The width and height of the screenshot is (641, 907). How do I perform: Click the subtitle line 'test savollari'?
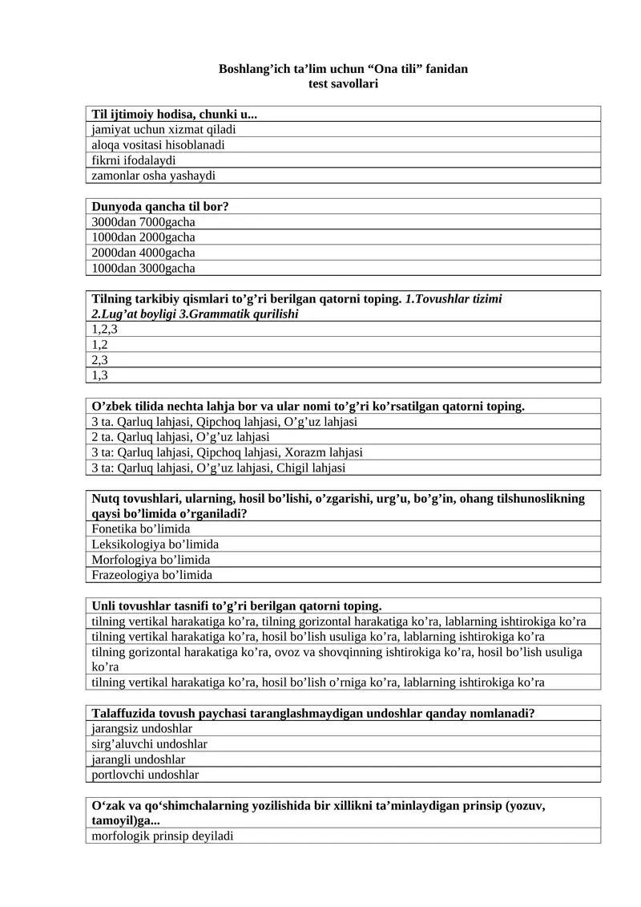click(x=343, y=83)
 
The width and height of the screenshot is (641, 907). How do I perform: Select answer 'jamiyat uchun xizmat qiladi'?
click(x=163, y=129)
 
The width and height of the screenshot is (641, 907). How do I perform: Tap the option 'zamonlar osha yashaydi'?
click(x=154, y=175)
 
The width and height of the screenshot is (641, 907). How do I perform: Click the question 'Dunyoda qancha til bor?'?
click(x=160, y=206)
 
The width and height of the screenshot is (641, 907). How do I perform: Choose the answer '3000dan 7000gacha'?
click(x=143, y=221)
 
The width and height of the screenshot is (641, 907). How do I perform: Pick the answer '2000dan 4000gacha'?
click(x=143, y=253)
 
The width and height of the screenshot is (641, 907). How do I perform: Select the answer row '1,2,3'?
click(x=105, y=329)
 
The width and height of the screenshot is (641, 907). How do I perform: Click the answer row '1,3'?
click(x=100, y=375)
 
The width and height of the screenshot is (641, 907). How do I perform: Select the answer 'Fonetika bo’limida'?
click(x=141, y=529)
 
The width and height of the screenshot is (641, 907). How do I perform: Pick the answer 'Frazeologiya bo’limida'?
click(x=152, y=575)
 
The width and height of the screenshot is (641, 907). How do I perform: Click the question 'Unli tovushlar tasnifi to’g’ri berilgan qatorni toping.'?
click(x=237, y=605)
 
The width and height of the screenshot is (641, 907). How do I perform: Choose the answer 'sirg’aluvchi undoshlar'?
click(x=150, y=744)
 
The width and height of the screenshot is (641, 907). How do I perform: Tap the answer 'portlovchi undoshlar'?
click(x=146, y=775)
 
